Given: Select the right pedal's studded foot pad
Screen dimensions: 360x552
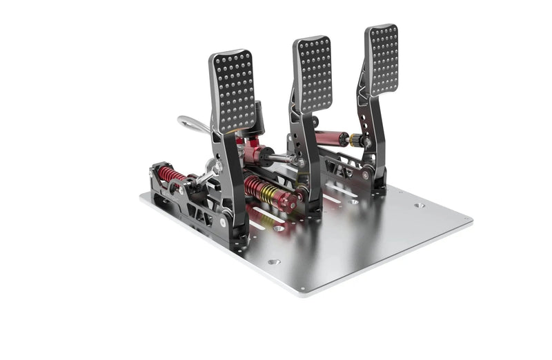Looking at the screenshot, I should click(383, 60).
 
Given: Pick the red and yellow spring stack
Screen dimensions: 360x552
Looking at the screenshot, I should click(266, 190).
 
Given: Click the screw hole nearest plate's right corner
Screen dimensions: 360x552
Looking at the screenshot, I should click(420, 206).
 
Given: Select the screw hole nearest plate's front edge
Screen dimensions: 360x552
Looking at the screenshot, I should click(274, 262).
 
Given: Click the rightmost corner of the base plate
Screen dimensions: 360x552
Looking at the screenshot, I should click(472, 221).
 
